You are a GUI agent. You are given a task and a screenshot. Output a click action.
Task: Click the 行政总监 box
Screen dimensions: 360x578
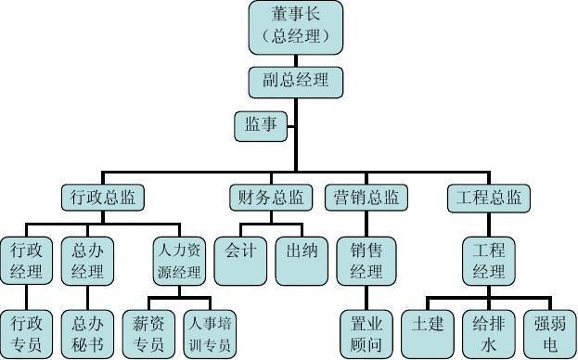[x=102, y=197]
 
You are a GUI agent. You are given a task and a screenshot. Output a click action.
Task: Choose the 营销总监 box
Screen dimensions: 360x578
[x=366, y=197]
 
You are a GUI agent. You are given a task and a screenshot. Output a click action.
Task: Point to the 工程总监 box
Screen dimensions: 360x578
[x=489, y=197]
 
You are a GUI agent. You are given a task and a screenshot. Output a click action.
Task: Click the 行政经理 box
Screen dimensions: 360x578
[x=27, y=261]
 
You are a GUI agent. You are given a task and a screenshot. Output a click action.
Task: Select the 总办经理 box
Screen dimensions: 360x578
[x=88, y=261]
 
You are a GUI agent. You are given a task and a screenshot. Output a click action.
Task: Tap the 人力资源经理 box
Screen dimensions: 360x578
[x=177, y=261]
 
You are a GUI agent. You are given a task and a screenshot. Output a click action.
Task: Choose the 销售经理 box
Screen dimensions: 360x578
[x=366, y=261]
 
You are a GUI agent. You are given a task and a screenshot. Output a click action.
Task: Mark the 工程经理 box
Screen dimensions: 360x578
[x=489, y=261]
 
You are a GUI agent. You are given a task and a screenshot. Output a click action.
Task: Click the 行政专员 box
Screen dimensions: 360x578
[x=27, y=334]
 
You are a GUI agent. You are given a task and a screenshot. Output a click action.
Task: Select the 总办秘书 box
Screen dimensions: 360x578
[x=88, y=334]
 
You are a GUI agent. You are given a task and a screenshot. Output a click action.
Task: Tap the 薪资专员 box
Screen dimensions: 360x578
[x=148, y=334]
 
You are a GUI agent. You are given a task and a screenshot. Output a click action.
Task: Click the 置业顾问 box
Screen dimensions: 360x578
[x=366, y=334]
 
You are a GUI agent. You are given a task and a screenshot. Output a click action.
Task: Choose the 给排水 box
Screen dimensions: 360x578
[x=488, y=334]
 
